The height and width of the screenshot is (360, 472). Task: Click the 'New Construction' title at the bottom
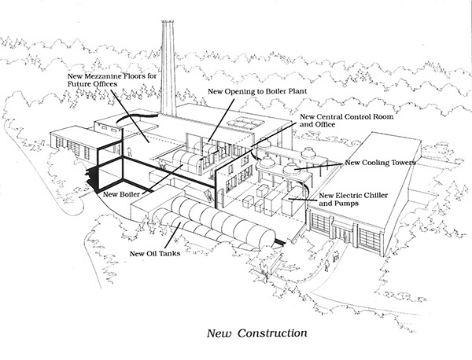pyautogui.click(x=257, y=333)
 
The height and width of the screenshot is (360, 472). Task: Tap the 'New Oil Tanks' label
pyautogui.click(x=155, y=254)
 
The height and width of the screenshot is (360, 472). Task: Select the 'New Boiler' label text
pyautogui.click(x=122, y=194)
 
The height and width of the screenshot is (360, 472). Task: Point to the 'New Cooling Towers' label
pyautogui.click(x=380, y=163)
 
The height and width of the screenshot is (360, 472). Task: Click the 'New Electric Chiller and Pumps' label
pyautogui.click(x=353, y=200)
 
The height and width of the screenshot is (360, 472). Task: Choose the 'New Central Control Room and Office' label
pyautogui.click(x=346, y=120)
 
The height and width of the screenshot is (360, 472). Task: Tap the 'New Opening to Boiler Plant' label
pyautogui.click(x=257, y=91)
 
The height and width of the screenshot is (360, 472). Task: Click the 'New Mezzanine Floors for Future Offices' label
pyautogui.click(x=112, y=80)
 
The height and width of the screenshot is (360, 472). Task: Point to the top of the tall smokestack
pyautogui.click(x=168, y=22)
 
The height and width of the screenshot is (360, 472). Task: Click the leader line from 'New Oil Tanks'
pyautogui.click(x=172, y=236)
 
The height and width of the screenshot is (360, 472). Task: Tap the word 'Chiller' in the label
pyautogui.click(x=376, y=196)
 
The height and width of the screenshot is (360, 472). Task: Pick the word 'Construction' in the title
pyautogui.click(x=272, y=333)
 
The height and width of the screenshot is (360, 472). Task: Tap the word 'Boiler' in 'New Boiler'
pyautogui.click(x=130, y=194)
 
